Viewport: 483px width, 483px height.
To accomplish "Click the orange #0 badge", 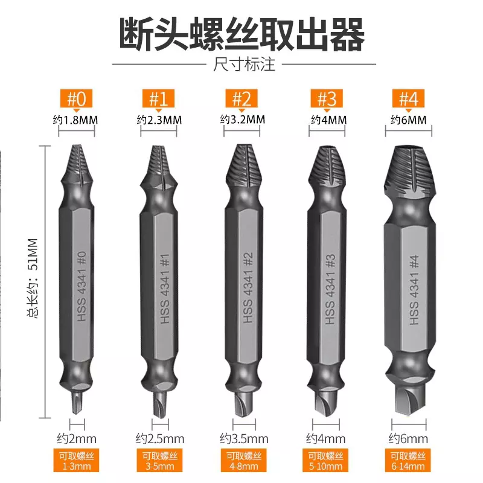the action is (77, 98).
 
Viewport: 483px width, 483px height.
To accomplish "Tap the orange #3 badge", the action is (327, 98).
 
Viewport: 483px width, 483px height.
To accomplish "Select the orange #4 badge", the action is (409, 98).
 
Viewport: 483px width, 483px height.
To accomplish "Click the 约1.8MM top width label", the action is (75, 120).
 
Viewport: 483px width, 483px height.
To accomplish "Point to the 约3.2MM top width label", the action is (243, 119).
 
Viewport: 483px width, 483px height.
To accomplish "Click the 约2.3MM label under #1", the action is (159, 120).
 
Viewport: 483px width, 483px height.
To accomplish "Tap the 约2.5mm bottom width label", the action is (160, 439).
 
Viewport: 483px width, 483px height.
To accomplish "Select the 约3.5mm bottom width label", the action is (244, 439).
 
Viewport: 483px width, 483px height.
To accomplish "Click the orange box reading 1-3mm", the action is (77, 461).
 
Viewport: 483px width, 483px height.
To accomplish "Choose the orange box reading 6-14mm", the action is (409, 461).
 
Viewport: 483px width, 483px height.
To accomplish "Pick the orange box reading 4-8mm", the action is (244, 461).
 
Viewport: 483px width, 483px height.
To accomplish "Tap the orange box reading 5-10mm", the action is (326, 461).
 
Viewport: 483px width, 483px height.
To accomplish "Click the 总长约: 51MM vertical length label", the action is (33, 278).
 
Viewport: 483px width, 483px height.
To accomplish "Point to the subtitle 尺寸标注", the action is (244, 65).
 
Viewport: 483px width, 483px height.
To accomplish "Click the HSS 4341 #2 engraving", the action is (248, 287).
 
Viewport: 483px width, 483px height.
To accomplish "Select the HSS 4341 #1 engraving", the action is (165, 289).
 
